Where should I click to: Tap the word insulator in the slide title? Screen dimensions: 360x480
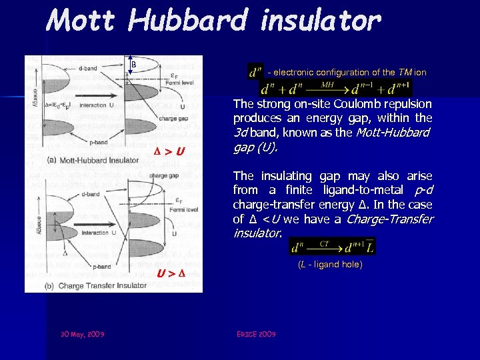(321, 21)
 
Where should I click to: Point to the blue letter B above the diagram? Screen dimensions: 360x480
(133, 65)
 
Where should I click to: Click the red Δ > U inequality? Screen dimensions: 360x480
(170, 151)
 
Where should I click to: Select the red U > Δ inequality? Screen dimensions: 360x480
(171, 274)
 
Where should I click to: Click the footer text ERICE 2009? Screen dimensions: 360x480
(257, 334)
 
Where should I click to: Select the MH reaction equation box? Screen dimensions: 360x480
(335, 87)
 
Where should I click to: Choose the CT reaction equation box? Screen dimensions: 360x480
(333, 247)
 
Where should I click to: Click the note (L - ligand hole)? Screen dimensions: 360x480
(331, 265)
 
